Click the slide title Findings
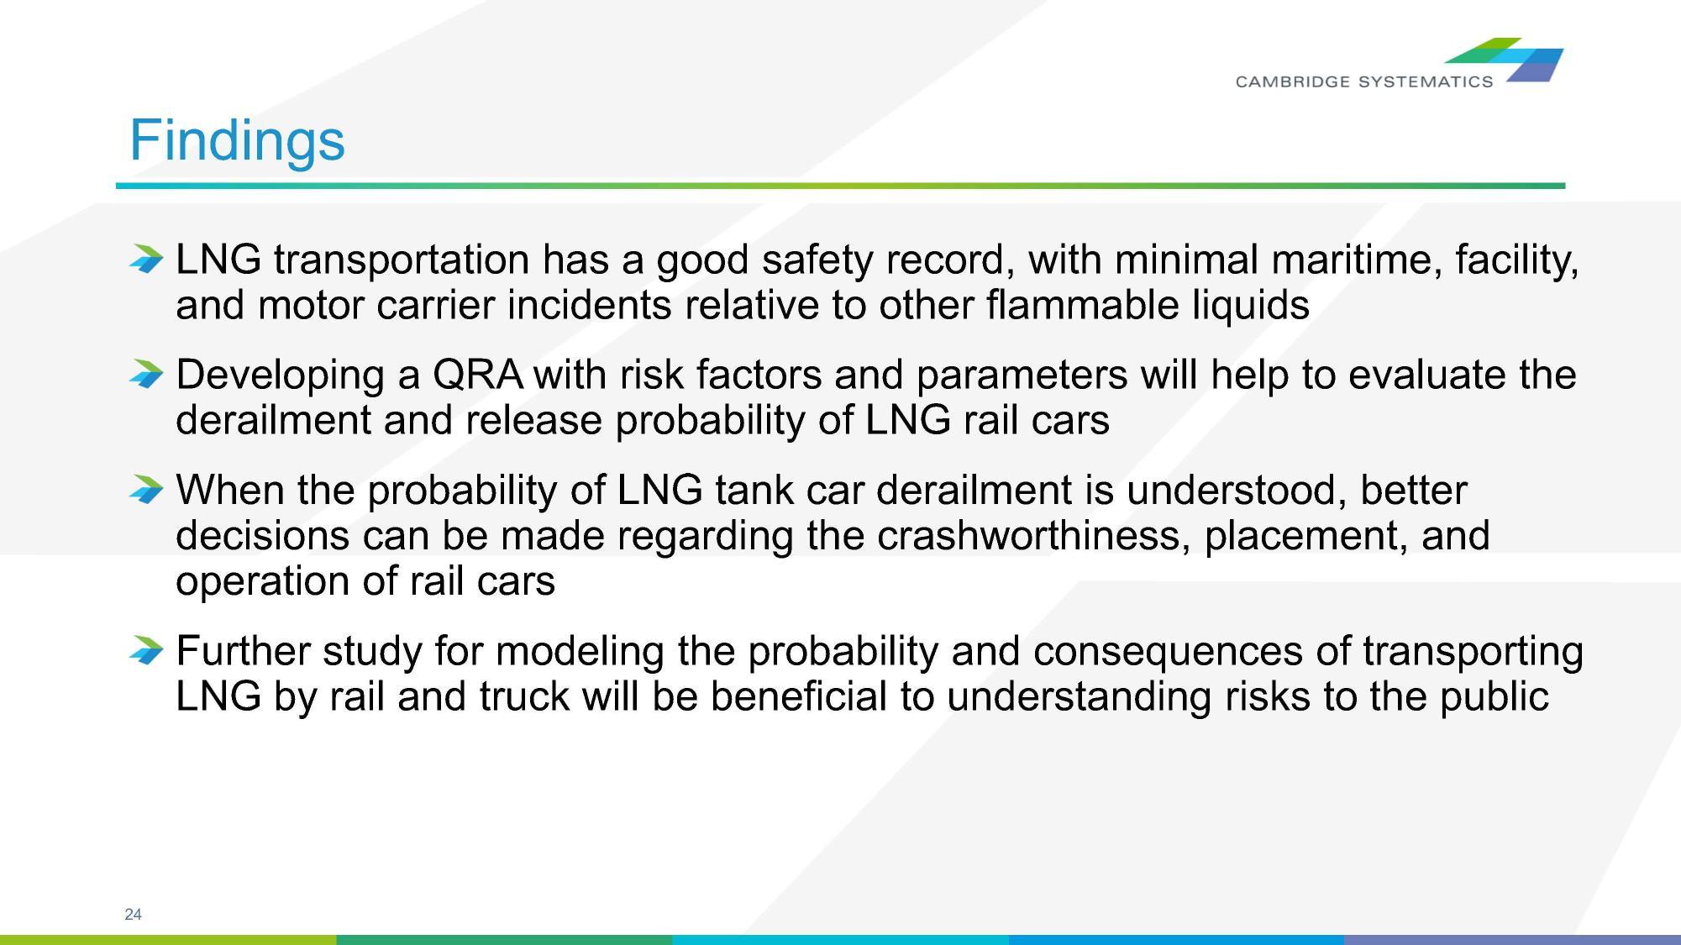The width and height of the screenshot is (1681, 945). (237, 140)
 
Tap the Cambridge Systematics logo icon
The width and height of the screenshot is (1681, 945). (1504, 60)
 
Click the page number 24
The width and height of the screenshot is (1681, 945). (133, 915)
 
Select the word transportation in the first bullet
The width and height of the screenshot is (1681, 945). (402, 260)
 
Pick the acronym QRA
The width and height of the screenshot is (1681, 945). (477, 375)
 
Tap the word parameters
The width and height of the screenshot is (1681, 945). (1022, 375)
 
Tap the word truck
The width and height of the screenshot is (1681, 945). (524, 696)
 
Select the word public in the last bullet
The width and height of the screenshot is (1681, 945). (1495, 697)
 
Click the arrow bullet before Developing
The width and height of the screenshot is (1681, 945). (146, 374)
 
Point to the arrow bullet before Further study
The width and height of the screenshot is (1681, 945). (146, 650)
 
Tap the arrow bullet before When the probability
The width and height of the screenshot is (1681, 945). (146, 489)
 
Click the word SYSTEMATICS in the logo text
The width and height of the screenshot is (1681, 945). (1426, 81)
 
